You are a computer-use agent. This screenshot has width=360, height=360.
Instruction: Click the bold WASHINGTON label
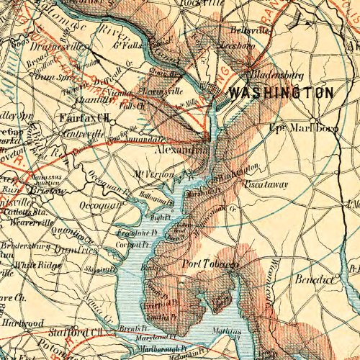tap(280, 94)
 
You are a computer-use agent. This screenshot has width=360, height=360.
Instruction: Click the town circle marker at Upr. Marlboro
tap(315, 121)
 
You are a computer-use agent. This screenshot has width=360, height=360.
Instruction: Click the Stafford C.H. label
tap(76, 332)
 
